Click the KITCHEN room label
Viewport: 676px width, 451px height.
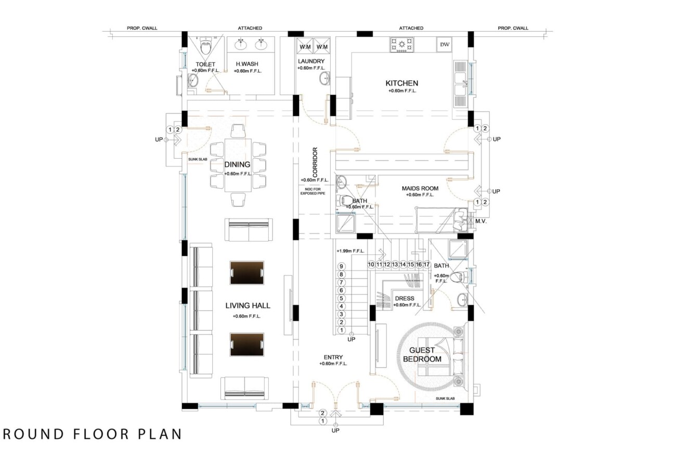point(401,83)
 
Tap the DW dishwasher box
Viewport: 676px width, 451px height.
point(444,45)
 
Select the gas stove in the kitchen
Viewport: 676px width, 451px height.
point(401,45)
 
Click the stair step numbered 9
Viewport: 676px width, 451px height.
point(341,266)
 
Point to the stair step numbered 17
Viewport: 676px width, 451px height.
point(426,264)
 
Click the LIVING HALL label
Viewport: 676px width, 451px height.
point(248,305)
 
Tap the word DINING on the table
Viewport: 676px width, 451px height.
point(237,164)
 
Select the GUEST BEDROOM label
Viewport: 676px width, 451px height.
point(422,354)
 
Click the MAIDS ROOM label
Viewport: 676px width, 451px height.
point(420,188)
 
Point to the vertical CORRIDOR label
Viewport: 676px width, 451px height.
point(315,162)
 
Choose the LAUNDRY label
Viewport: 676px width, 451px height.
point(311,61)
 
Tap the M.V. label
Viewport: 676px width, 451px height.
point(481,221)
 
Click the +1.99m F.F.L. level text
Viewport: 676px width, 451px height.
point(350,251)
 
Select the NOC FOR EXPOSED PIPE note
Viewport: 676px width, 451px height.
point(313,191)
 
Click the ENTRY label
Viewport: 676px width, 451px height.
point(333,357)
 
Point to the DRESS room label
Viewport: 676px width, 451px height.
point(405,298)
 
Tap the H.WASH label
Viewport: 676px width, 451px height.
point(247,64)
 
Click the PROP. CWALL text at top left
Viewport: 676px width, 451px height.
point(142,28)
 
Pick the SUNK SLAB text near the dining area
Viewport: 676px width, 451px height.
point(198,159)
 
